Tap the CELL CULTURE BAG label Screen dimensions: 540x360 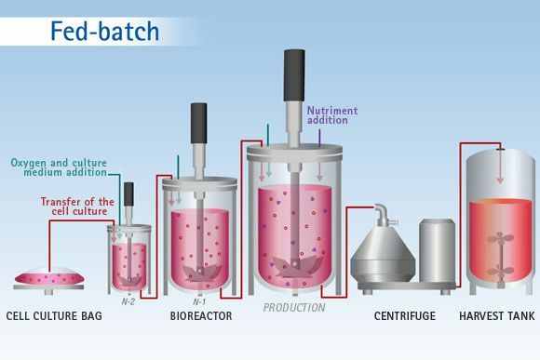coord(54,316)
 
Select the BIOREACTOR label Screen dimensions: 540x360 coord(200,316)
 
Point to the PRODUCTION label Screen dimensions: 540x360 coord(294,307)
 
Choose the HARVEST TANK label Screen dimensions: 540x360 coord(497,316)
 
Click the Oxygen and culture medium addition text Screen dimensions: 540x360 coord(59,168)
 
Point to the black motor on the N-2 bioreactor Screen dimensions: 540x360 coord(128,193)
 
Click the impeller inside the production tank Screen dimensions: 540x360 coord(293,266)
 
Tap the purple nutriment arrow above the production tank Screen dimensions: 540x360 coord(318,140)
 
